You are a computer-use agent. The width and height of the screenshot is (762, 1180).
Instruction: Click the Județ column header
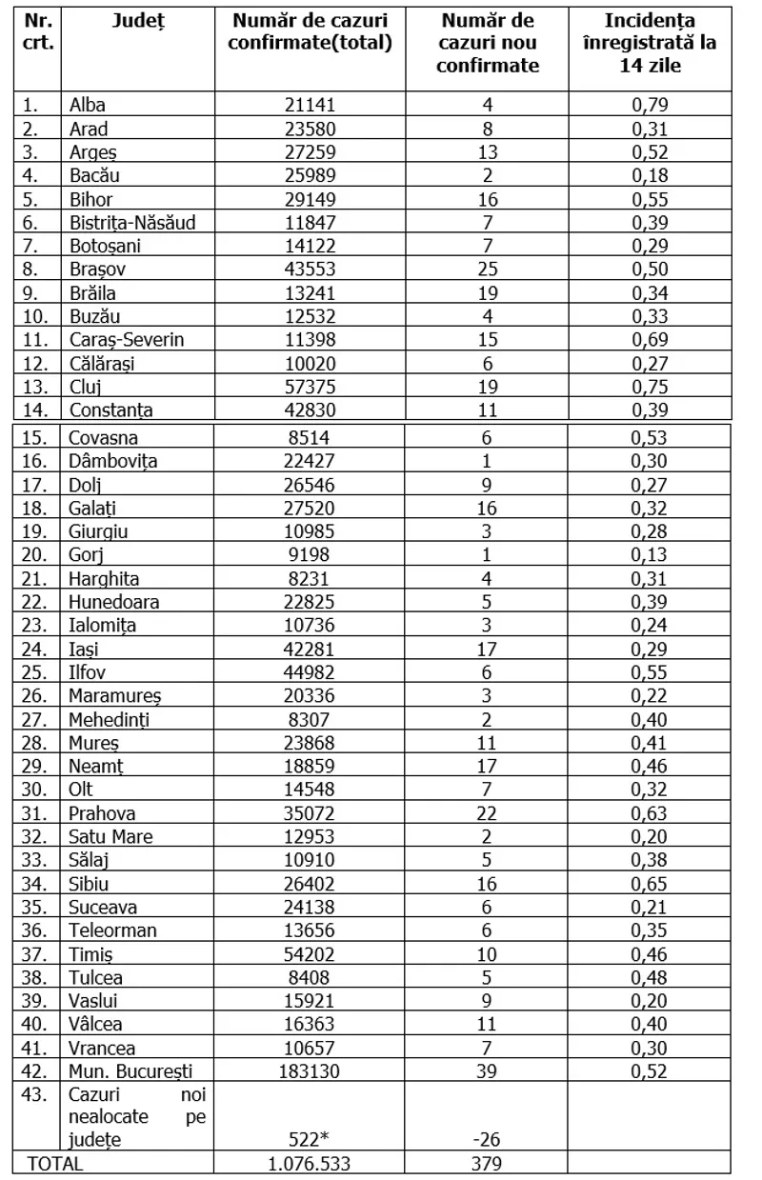click(x=137, y=21)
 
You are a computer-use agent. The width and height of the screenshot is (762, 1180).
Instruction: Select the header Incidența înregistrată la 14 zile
click(x=650, y=43)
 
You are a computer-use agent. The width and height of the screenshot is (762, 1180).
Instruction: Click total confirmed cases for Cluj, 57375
click(x=310, y=387)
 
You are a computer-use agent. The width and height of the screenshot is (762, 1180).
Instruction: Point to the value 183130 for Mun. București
click(x=310, y=1070)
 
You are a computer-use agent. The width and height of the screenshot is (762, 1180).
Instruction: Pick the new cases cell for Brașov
click(x=487, y=270)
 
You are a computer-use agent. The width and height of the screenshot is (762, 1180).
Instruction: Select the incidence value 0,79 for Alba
click(x=650, y=106)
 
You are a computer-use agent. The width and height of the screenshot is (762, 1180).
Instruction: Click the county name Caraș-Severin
click(x=127, y=340)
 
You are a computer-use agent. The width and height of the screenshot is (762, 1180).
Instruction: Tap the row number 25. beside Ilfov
click(x=39, y=672)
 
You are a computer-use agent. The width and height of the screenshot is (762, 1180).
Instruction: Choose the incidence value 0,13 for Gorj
click(x=650, y=555)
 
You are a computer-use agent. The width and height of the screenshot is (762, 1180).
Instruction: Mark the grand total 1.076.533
click(x=310, y=1163)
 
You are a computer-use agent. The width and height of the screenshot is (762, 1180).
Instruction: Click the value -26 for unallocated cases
click(x=487, y=1140)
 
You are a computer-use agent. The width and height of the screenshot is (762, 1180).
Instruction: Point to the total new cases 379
click(x=487, y=1163)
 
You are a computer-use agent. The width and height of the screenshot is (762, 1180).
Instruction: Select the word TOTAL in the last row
click(x=55, y=1163)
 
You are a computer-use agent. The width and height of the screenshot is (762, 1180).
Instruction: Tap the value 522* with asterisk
click(x=310, y=1140)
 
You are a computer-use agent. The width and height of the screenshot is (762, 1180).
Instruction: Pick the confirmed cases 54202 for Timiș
click(x=310, y=953)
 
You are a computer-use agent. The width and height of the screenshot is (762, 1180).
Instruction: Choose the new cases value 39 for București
click(x=487, y=1070)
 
